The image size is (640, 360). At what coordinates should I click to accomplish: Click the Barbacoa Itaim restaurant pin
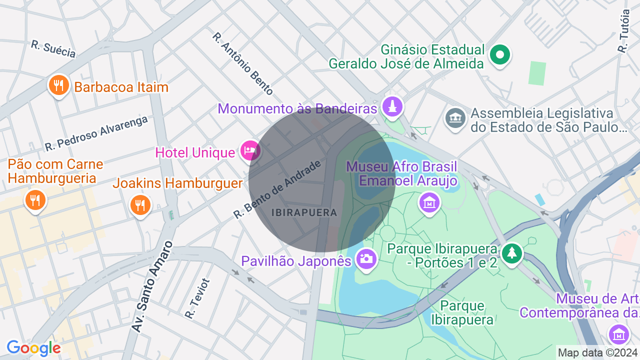pyautogui.click(x=58, y=85)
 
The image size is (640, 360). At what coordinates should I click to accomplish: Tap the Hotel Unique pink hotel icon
pyautogui.click(x=249, y=150)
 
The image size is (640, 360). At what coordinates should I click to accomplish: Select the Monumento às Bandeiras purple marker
pyautogui.click(x=392, y=106)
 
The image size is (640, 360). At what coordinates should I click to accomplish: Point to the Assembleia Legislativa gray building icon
pyautogui.click(x=455, y=118)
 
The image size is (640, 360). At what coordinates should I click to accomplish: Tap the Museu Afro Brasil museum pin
pyautogui.click(x=429, y=202)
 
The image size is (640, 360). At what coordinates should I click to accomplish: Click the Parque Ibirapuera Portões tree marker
pyautogui.click(x=511, y=253)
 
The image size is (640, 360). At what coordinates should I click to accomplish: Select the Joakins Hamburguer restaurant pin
pyautogui.click(x=140, y=204)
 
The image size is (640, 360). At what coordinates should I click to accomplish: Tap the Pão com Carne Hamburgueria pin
pyautogui.click(x=35, y=200)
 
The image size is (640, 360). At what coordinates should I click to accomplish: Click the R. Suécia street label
pyautogui.click(x=53, y=49)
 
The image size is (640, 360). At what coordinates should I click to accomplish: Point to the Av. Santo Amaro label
pyautogui.click(x=152, y=286)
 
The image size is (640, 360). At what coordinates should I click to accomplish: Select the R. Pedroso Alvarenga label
pyautogui.click(x=96, y=133)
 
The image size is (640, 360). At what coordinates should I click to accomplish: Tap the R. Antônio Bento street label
pyautogui.click(x=243, y=63)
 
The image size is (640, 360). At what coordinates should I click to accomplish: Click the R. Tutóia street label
pyautogui.click(x=623, y=31)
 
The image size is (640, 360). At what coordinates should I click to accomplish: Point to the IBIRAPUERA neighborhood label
pyautogui.click(x=304, y=212)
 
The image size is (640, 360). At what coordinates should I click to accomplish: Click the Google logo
pyautogui.click(x=33, y=348)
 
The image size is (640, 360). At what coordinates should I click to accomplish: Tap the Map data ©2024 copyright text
pyautogui.click(x=597, y=352)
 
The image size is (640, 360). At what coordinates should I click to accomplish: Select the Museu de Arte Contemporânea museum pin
pyautogui.click(x=618, y=333)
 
